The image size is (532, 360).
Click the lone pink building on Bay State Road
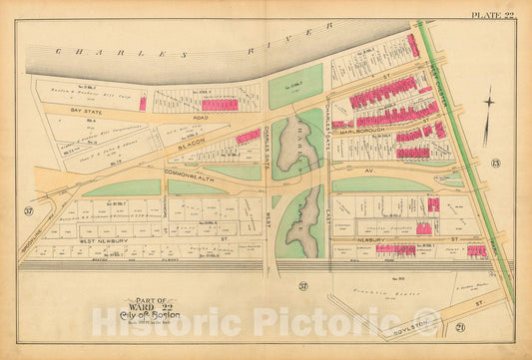143,104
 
